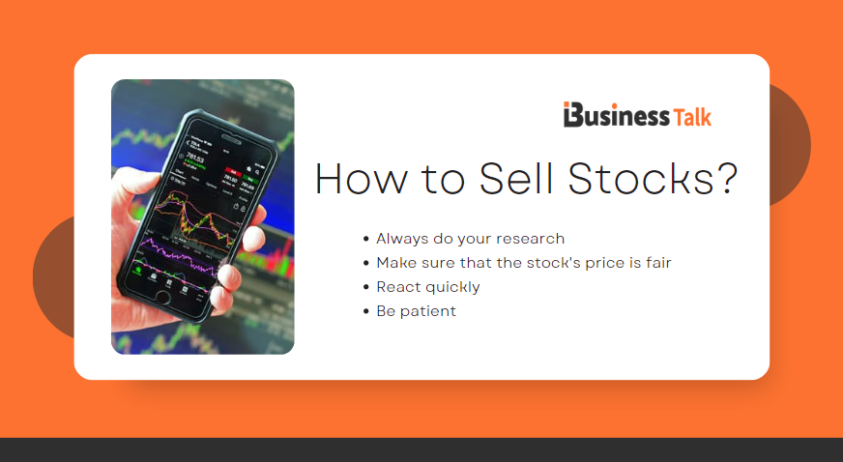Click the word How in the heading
tap(363, 180)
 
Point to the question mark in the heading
tap(727, 180)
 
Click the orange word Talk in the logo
tap(692, 116)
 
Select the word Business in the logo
tap(625, 116)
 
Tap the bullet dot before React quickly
tap(365, 287)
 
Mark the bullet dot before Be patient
tap(365, 311)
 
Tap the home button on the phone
tap(162, 296)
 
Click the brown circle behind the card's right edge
tap(791, 145)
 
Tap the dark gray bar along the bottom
tap(421, 449)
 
